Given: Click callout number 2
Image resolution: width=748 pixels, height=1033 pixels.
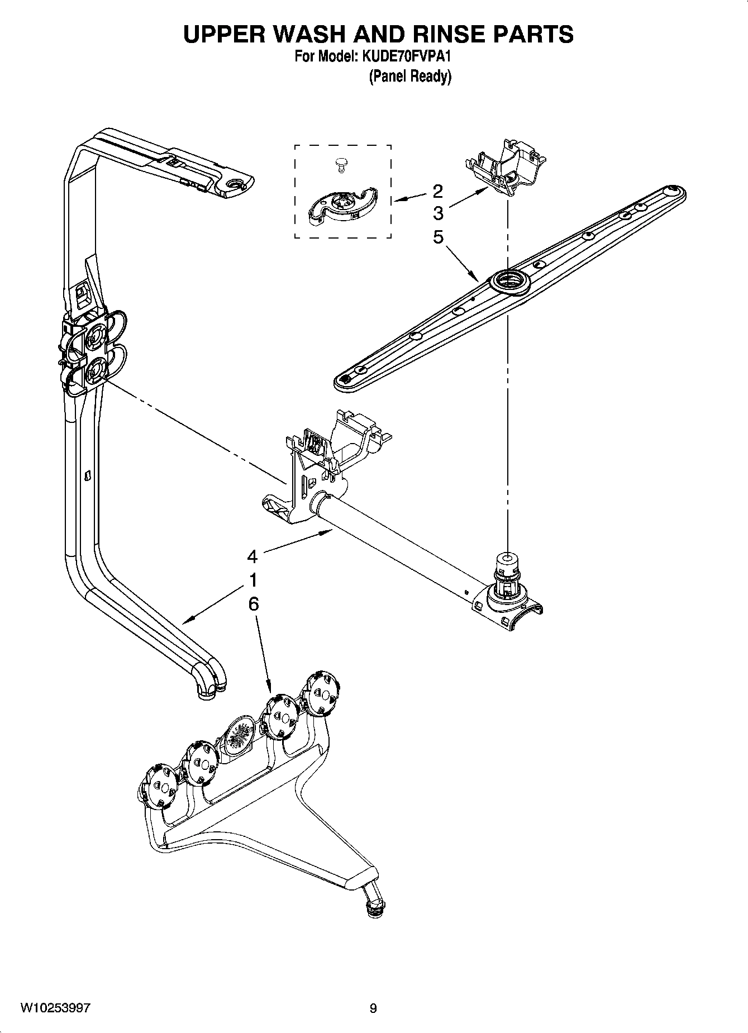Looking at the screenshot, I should (437, 191).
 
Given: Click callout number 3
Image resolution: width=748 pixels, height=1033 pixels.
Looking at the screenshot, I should (437, 213).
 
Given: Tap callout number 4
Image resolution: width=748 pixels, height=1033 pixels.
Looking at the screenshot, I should (252, 556).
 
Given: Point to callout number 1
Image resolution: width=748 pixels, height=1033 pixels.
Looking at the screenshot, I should (252, 580).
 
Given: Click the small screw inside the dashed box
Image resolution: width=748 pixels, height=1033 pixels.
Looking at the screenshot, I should (340, 163).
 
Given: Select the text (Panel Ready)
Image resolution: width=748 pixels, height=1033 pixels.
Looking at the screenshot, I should (409, 77).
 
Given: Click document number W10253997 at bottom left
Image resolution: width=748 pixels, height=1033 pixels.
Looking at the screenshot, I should (55, 1008).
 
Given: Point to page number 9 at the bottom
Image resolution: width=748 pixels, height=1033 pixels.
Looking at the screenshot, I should (373, 1008).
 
